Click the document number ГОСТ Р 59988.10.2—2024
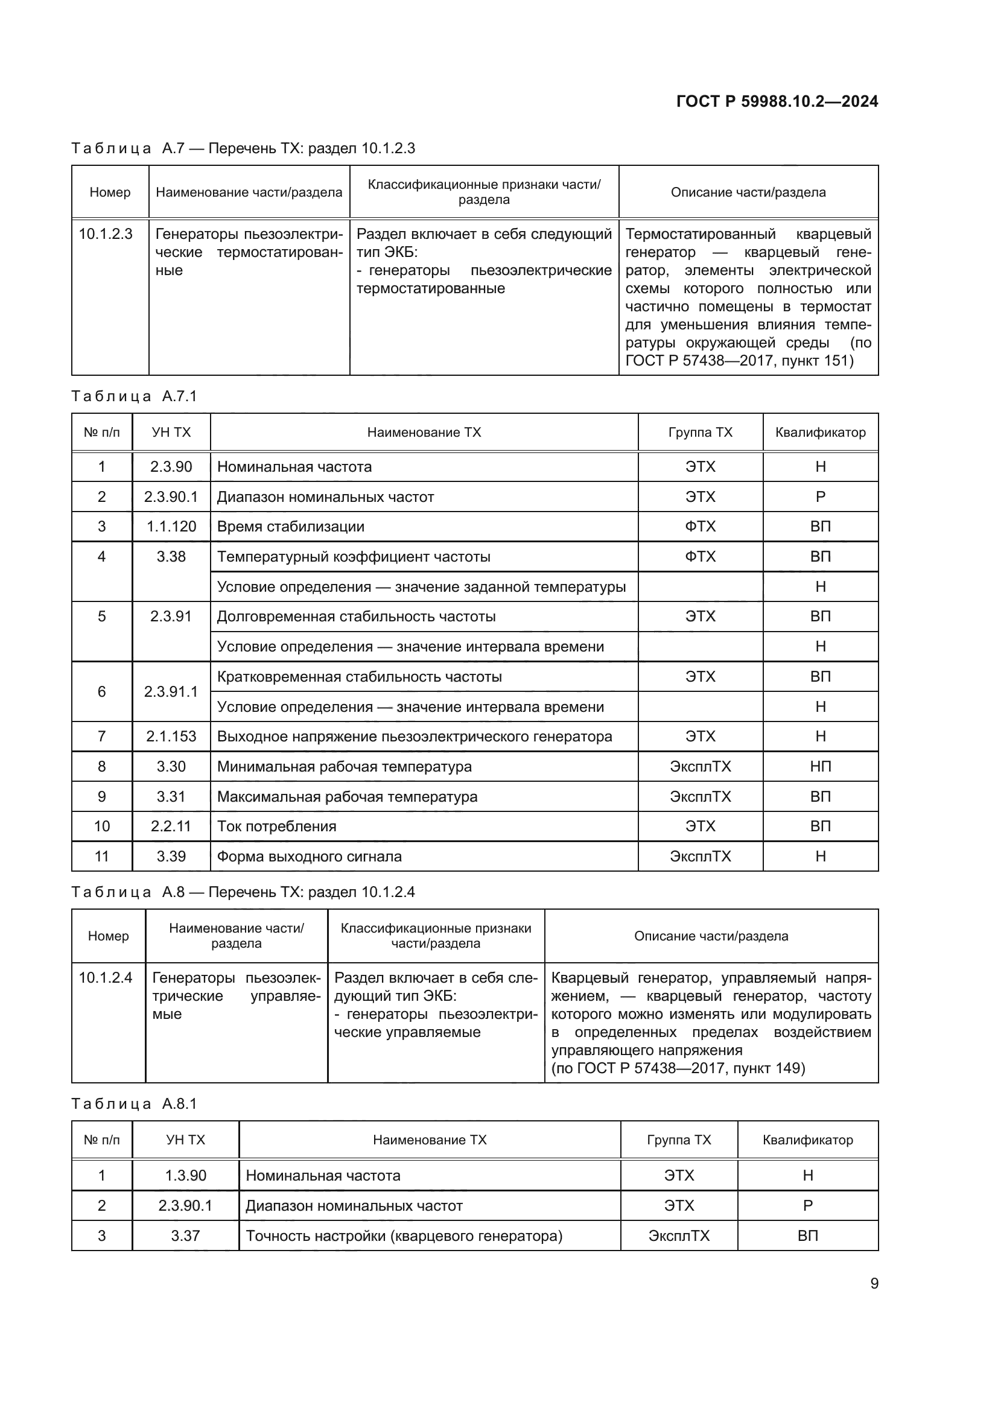[777, 101]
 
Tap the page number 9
[874, 1283]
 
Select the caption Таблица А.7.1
[134, 396]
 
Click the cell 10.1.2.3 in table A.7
[106, 234]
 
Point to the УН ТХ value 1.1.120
[171, 527]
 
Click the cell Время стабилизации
[291, 527]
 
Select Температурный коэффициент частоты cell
[354, 557]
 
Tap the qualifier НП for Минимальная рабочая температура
[820, 766]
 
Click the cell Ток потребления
[276, 826]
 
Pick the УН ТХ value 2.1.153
[171, 736]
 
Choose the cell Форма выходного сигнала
[309, 857]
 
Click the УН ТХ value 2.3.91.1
[171, 692]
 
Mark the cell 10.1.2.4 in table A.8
[106, 978]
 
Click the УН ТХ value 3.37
[185, 1236]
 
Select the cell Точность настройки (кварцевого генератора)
[404, 1236]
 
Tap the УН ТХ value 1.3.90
[185, 1176]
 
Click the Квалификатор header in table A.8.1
[807, 1140]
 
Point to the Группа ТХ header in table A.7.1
[700, 433]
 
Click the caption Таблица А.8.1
[134, 1104]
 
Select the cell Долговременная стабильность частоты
[357, 617]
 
